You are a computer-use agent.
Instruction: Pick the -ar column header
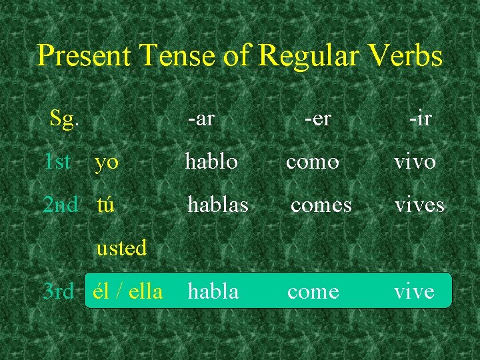(201, 119)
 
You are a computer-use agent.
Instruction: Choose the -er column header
(317, 119)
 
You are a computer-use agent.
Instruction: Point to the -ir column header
(420, 119)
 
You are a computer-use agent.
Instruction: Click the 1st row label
(57, 161)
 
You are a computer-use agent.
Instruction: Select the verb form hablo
(211, 161)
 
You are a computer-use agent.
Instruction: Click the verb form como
(313, 162)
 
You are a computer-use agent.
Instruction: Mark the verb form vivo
(415, 162)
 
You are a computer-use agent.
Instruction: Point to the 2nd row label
(60, 204)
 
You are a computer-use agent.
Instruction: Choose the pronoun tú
(105, 204)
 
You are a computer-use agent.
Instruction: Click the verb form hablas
(218, 204)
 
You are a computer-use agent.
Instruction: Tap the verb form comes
(321, 205)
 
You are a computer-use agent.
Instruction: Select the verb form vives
(419, 205)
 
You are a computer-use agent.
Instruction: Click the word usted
(121, 248)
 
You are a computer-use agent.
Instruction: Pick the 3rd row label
(58, 291)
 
